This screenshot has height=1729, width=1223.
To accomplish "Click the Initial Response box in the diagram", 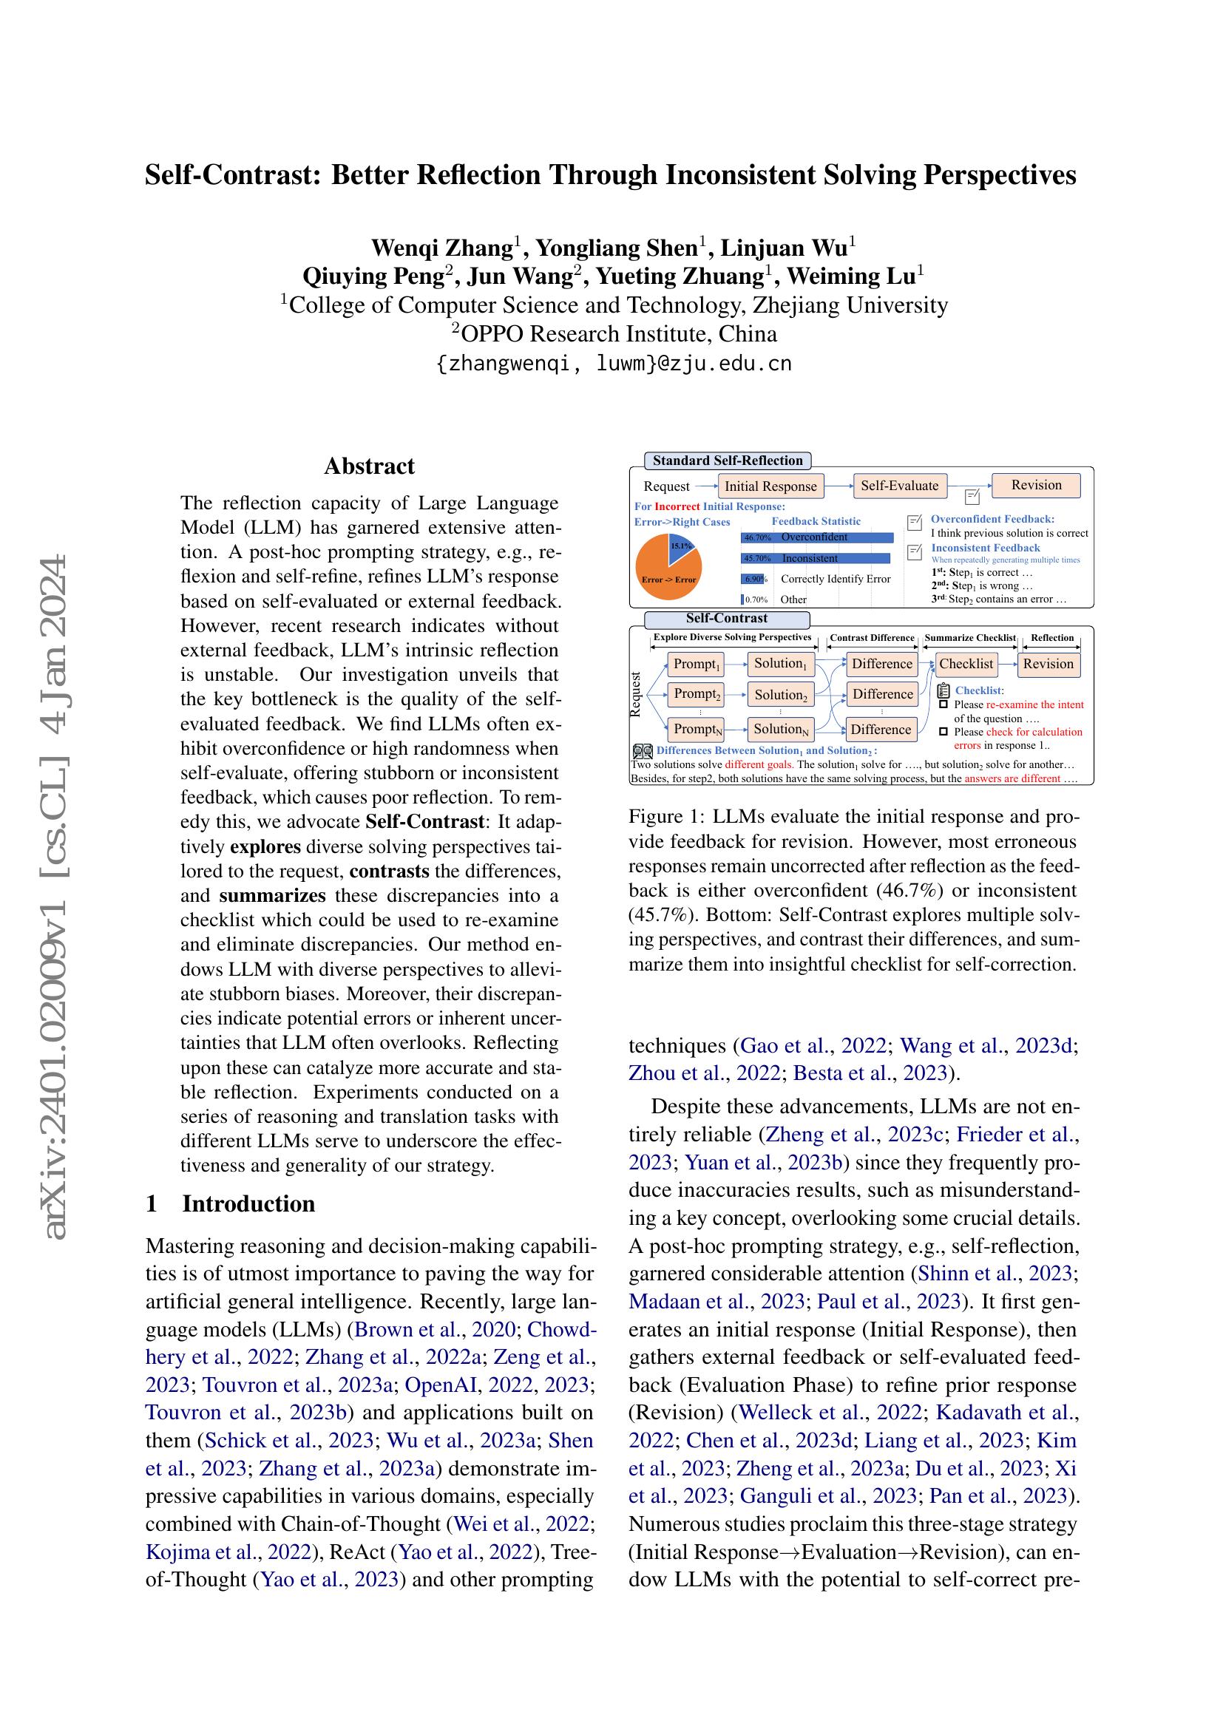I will point(770,486).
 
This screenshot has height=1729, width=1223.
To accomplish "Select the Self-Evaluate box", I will point(899,486).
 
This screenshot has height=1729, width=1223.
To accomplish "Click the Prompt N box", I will point(697,729).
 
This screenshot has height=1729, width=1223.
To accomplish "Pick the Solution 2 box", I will point(780,695).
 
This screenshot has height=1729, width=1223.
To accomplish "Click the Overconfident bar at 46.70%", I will point(817,537).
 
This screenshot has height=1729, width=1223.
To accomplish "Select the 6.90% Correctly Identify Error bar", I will point(753,579).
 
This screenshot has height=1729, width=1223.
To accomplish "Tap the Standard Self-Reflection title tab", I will point(727,461).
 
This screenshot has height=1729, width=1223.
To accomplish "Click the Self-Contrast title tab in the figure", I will point(726,619).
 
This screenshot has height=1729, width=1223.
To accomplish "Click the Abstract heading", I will point(369,466).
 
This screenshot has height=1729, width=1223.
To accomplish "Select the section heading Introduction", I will point(248,1203).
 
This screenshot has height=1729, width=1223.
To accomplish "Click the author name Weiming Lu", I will point(853,276).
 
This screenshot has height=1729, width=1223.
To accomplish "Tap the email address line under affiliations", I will point(614,364).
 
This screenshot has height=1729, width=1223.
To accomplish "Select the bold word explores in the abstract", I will point(265,846).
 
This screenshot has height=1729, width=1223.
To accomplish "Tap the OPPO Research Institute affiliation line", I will point(614,333).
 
